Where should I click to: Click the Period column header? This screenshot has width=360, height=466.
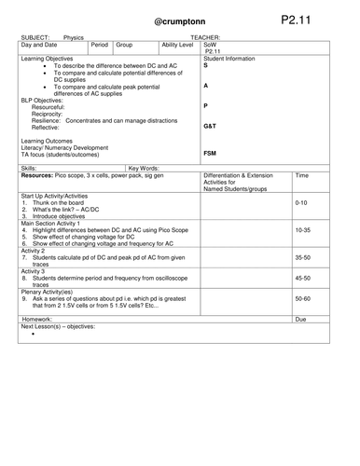pos(102,44)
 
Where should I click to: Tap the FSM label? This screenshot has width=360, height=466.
pos(211,153)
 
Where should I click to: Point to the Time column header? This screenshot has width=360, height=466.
pos(301,174)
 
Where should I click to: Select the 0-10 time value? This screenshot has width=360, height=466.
pos(300,202)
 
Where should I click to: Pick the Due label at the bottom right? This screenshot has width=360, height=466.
pos(300,319)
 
